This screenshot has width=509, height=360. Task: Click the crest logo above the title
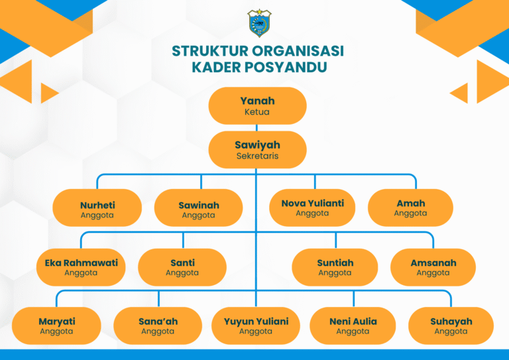click(259, 23)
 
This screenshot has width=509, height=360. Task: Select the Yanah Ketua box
click(257, 106)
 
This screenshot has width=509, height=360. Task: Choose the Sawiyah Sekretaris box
click(257, 150)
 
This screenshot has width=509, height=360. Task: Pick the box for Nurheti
click(97, 208)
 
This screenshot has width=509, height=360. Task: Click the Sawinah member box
click(198, 208)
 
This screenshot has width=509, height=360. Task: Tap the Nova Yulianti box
click(312, 208)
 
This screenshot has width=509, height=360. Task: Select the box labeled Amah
click(410, 208)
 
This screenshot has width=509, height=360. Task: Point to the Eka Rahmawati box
click(81, 267)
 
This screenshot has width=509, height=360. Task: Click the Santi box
click(182, 267)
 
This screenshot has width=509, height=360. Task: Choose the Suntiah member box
click(335, 267)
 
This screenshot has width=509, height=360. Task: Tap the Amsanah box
click(433, 267)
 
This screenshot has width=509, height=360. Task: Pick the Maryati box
click(56, 326)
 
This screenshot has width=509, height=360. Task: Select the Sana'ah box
click(158, 326)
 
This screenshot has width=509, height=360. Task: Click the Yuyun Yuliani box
click(256, 326)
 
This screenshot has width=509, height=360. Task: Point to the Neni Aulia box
click(353, 326)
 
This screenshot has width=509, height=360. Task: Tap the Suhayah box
click(451, 326)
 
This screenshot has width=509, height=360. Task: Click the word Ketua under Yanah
click(257, 112)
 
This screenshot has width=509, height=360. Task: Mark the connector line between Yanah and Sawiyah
click(256, 128)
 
